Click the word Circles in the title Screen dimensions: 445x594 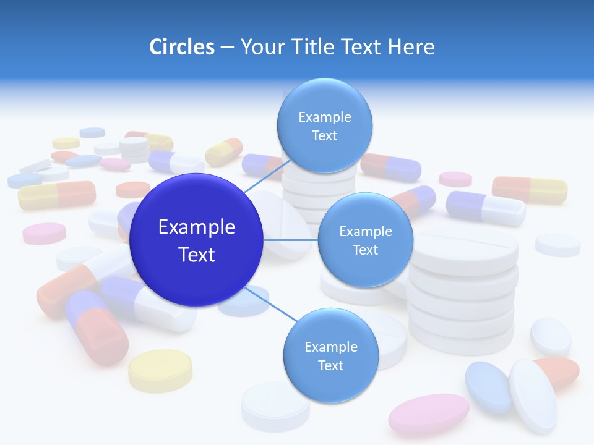[181, 47]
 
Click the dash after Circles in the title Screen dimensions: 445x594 [227, 48]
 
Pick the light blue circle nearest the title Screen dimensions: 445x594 [324, 125]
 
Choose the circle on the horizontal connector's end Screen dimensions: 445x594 [365, 240]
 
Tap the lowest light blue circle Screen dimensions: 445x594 [330, 355]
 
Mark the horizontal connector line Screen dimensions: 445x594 [291, 240]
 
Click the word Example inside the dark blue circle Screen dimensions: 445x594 [197, 227]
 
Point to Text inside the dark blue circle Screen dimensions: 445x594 [197, 255]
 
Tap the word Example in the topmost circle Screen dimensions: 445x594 [324, 117]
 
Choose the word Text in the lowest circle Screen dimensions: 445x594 [330, 365]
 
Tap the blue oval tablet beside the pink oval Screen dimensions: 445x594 [488, 388]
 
